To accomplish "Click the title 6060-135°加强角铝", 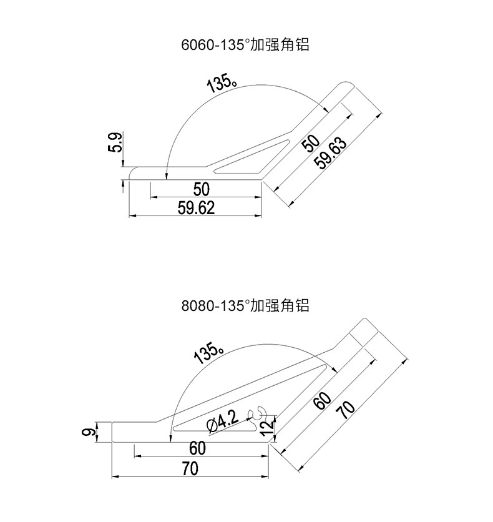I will click(x=245, y=45).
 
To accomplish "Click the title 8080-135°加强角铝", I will click(x=245, y=306).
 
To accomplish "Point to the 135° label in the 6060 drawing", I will click(x=221, y=83).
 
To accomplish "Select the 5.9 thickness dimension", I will click(x=115, y=144).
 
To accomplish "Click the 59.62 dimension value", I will click(x=196, y=208).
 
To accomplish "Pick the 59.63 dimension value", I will click(x=331, y=152).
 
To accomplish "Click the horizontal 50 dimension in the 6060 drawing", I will click(x=201, y=189).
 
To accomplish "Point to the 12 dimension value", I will click(x=266, y=428).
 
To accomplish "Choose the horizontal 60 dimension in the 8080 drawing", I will click(x=197, y=448).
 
